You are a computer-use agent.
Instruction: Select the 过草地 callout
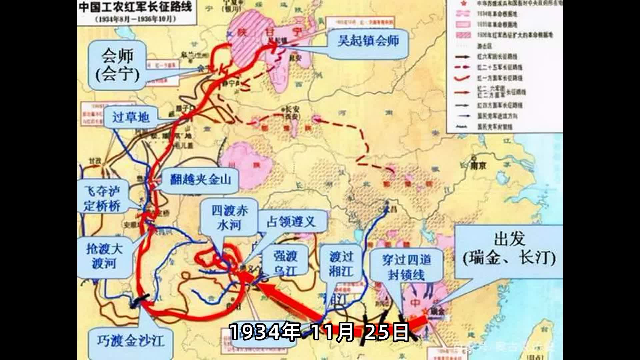(130, 117)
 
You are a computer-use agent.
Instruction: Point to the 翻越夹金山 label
(200, 180)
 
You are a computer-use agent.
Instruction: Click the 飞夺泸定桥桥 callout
(102, 198)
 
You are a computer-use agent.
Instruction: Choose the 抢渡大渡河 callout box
(104, 256)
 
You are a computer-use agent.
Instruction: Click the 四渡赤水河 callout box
(229, 217)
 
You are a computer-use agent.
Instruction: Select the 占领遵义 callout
(291, 222)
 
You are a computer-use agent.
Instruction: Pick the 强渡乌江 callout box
(285, 263)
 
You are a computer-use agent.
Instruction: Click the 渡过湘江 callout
(341, 264)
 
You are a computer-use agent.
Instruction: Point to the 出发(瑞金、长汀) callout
(509, 249)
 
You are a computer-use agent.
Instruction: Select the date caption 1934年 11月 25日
(319, 332)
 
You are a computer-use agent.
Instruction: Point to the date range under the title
(135, 19)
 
